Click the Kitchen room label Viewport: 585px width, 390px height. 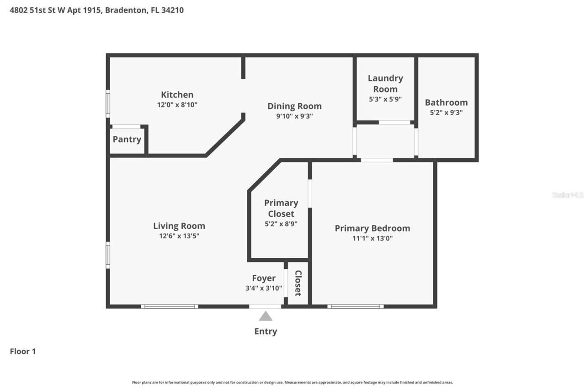177,95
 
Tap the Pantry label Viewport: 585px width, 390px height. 127,139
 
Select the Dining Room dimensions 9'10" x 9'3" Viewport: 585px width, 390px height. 294,116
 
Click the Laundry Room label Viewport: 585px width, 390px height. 385,84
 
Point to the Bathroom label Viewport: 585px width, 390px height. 446,102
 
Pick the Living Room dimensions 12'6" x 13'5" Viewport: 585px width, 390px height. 179,236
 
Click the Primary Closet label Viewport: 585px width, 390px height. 281,208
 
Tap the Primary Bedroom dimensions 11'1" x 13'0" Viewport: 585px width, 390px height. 372,238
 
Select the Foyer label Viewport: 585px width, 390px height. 264,278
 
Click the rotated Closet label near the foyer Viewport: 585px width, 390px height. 298,283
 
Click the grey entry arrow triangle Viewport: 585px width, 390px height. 266,316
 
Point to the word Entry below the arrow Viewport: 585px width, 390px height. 266,331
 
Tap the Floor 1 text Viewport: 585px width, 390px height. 23,352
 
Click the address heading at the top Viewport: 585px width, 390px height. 97,10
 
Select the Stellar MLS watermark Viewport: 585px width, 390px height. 568,195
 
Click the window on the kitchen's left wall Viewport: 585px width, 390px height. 108,104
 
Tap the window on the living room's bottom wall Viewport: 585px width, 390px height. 170,306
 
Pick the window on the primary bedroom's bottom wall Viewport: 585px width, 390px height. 356,306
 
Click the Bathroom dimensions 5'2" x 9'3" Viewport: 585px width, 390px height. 446,112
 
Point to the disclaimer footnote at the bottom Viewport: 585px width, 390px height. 292,382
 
